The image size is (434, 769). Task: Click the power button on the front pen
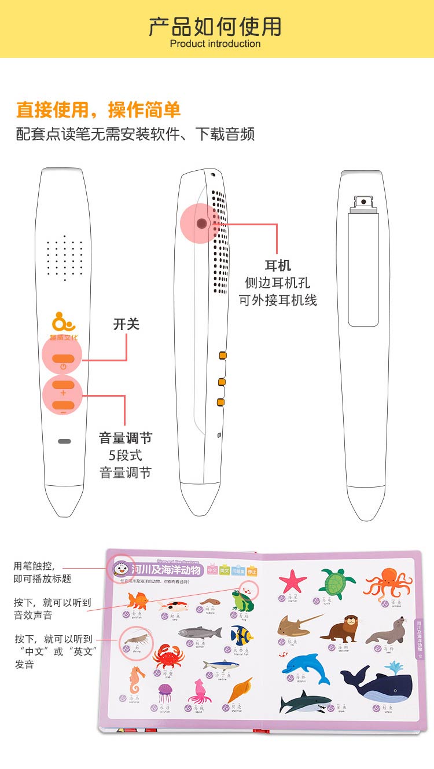click(62, 358)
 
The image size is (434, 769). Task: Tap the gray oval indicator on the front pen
click(64, 441)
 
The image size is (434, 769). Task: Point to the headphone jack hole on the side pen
click(201, 223)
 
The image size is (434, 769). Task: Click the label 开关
click(126, 324)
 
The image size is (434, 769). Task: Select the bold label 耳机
click(278, 266)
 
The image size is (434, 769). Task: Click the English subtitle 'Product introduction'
click(215, 44)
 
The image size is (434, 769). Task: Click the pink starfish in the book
click(293, 580)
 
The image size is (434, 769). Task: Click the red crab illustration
click(168, 656)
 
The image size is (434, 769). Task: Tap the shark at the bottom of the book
click(304, 702)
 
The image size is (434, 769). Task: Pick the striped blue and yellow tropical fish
click(242, 635)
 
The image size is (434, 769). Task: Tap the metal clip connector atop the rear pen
click(363, 202)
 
